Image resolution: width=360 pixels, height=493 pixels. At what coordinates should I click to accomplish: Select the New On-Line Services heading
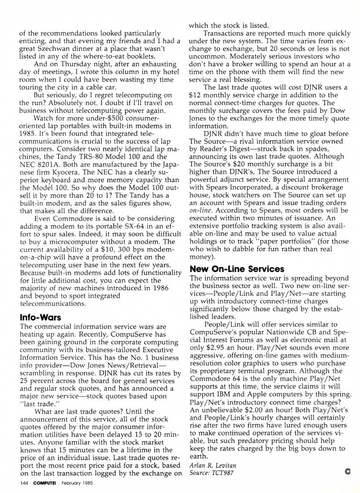tap(237, 269)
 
